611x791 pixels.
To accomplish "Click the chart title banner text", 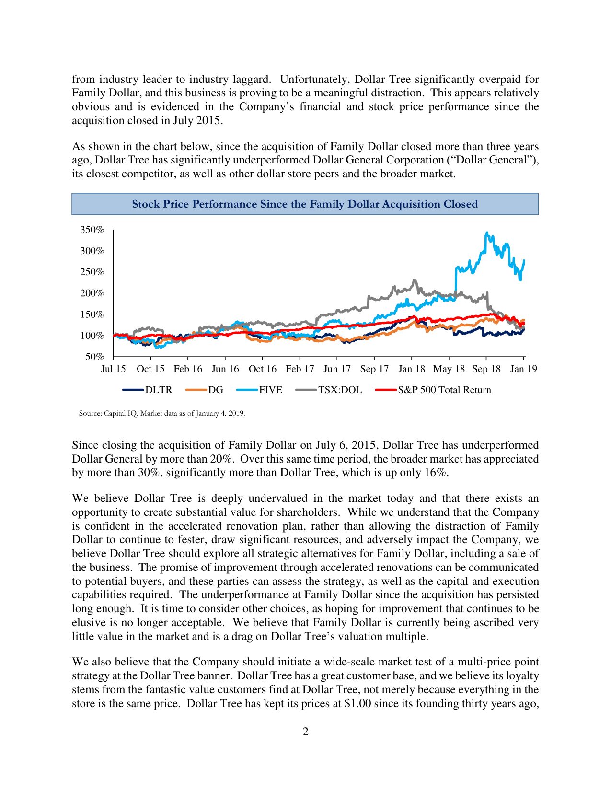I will [305, 204].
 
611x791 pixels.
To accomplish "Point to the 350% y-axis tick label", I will [92, 230].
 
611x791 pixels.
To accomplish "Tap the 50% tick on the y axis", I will [94, 357].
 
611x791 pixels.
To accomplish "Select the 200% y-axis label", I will [92, 293].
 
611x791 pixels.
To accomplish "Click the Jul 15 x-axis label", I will [113, 369].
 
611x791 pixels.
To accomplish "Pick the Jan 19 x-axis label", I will [523, 369].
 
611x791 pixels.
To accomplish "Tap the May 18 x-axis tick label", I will [449, 369].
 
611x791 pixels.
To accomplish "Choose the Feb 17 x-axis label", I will [300, 369].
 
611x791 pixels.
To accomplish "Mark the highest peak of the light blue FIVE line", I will [487, 233].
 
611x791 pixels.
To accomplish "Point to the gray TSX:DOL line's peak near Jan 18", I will [415, 280].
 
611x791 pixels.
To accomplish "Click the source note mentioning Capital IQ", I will [162, 413].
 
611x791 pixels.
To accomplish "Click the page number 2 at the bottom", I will [305, 732].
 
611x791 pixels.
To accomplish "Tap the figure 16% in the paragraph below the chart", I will [436, 473].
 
